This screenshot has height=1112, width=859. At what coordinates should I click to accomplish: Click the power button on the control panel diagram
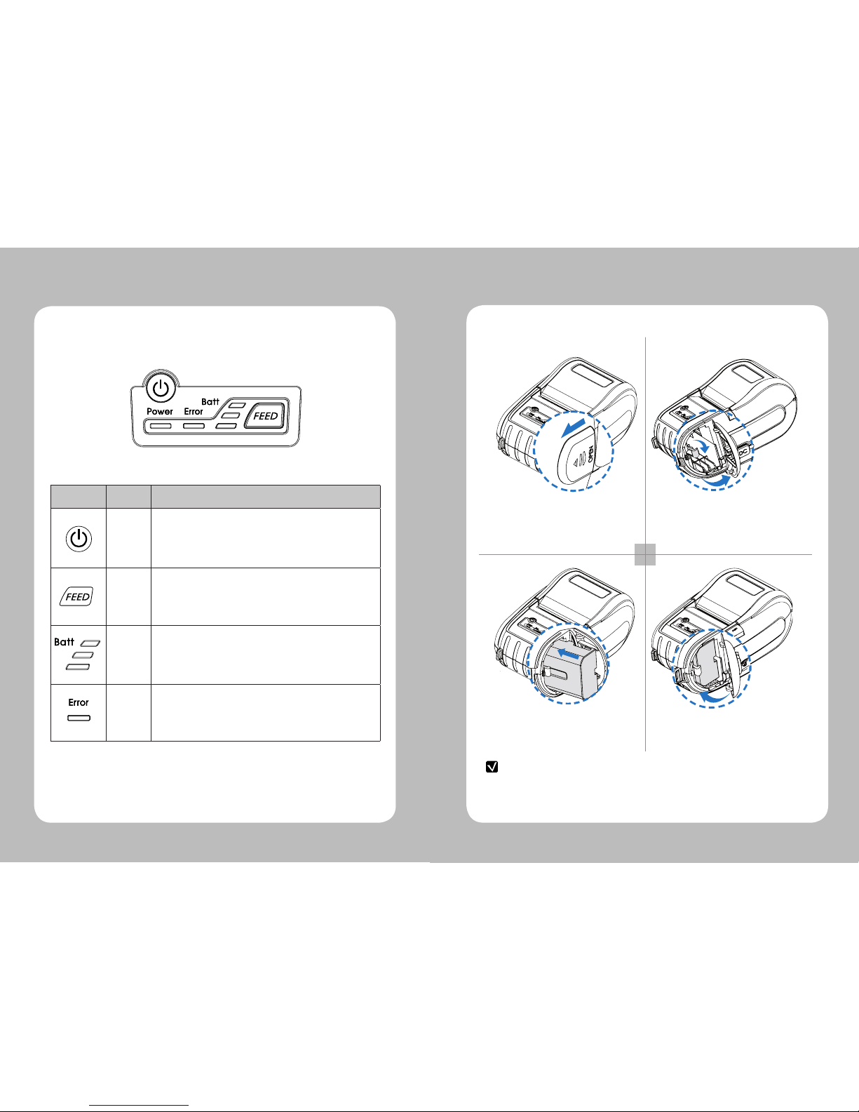pos(161,389)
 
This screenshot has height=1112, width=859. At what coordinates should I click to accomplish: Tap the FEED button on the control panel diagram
pos(266,416)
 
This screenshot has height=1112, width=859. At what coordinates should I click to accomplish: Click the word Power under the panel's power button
pos(160,411)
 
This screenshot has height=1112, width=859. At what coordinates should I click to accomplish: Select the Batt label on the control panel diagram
pos(210,402)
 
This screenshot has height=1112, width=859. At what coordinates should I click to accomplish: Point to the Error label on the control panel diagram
pos(194,411)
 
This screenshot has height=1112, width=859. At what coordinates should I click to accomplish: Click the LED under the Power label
pos(160,426)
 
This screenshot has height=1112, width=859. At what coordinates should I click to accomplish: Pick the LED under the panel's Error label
pos(194,426)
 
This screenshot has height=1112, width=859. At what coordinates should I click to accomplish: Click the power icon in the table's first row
pos(79,539)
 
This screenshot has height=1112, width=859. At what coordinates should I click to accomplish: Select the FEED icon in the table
pos(76,596)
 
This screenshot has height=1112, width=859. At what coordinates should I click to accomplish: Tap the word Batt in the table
pos(64,642)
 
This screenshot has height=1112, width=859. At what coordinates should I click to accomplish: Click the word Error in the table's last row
pos(79,702)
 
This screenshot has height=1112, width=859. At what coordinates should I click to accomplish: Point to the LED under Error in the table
pos(79,718)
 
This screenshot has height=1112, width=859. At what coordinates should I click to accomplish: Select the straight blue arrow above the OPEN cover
pos(573,427)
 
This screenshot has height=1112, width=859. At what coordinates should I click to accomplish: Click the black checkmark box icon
pos(492,767)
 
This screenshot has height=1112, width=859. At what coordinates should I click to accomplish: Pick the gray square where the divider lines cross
pos(644,555)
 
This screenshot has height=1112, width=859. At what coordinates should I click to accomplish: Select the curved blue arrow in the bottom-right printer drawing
pos(714,697)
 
